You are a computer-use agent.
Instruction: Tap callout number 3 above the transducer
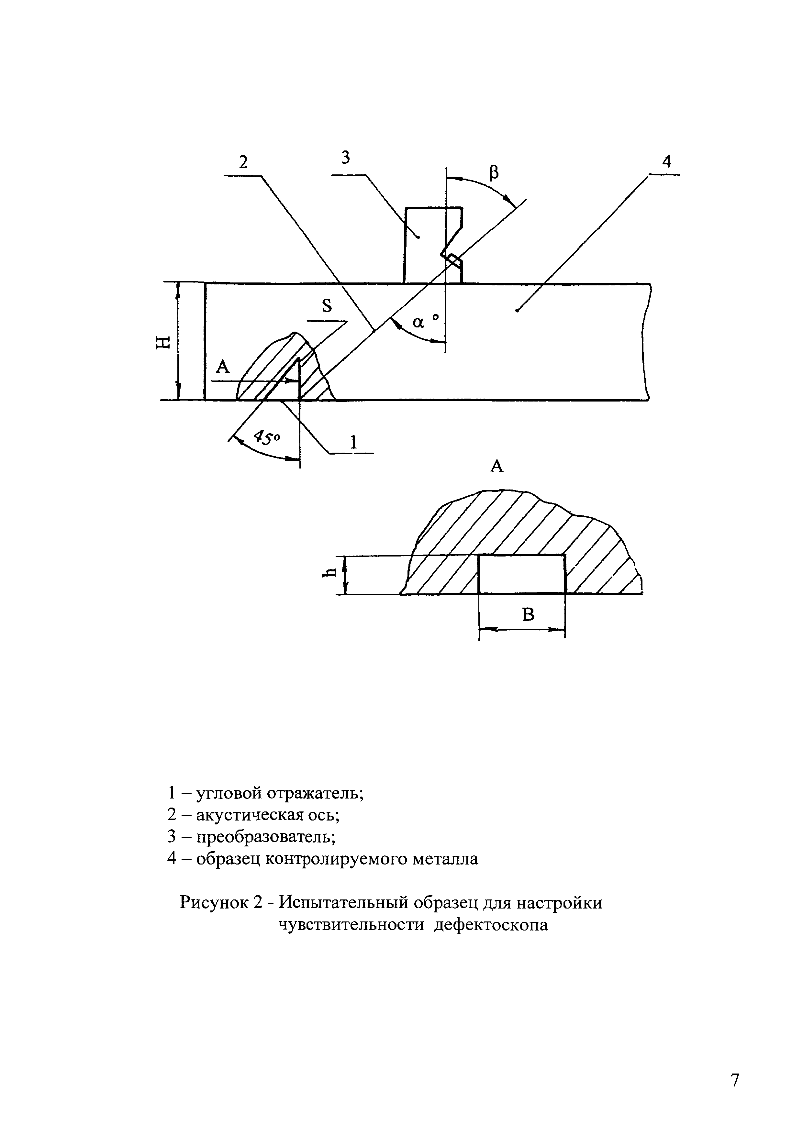346,158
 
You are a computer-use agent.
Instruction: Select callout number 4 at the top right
666,162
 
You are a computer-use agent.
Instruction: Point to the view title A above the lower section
496,466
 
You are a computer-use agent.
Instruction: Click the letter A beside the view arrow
224,367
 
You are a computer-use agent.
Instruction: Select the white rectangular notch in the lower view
522,574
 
